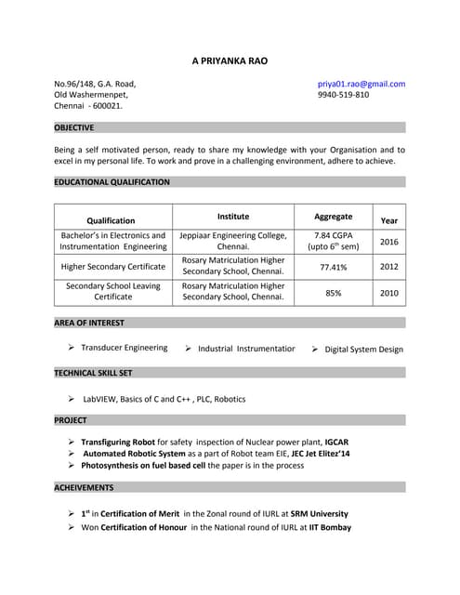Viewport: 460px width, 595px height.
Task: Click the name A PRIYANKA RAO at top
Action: point(230,60)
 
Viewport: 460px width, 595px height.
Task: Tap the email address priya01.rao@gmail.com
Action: point(361,84)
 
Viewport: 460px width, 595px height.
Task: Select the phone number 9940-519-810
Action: point(343,95)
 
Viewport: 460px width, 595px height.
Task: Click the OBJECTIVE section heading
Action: point(74,127)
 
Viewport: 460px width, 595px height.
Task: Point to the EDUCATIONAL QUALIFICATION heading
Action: point(112,182)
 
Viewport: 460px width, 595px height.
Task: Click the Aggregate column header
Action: point(333,216)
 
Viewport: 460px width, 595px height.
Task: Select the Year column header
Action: point(388,220)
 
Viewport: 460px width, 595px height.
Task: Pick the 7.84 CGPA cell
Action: point(333,235)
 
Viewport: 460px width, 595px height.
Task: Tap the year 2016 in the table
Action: point(388,242)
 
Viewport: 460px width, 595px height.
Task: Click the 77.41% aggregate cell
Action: point(333,267)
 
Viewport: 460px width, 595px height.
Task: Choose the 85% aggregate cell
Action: point(333,293)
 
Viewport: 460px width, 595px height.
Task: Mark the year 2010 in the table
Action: point(388,293)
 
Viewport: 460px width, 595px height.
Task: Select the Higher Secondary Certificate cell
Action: point(112,267)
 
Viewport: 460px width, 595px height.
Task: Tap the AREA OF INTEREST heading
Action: point(89,323)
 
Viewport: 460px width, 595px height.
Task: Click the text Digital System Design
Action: point(363,350)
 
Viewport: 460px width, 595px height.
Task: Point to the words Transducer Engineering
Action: point(125,348)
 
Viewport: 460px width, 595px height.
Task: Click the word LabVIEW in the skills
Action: point(101,399)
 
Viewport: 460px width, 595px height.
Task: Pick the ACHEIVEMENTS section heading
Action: point(84,487)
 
